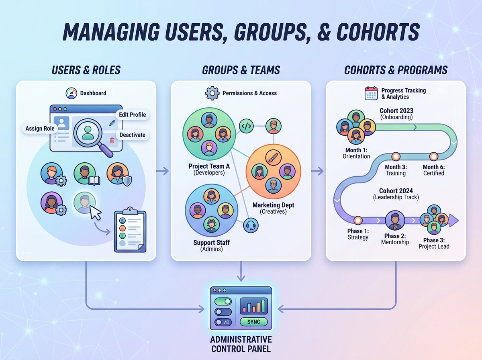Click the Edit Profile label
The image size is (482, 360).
pyautogui.click(x=133, y=115)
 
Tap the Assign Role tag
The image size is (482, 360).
pyautogui.click(x=40, y=129)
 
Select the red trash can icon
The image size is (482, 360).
pyautogui.click(x=112, y=140)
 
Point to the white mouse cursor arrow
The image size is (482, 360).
pyautogui.click(x=96, y=212)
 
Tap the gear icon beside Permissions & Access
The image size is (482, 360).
pyautogui.click(x=212, y=93)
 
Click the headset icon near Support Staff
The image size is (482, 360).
pyautogui.click(x=251, y=225)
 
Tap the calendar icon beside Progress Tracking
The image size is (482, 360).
pyautogui.click(x=371, y=93)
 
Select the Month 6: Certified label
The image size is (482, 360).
pyautogui.click(x=433, y=170)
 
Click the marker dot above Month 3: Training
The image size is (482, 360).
pyautogui.click(x=396, y=156)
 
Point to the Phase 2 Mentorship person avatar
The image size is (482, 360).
pyautogui.click(x=394, y=220)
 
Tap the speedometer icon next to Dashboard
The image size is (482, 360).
pyautogui.click(x=71, y=93)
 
